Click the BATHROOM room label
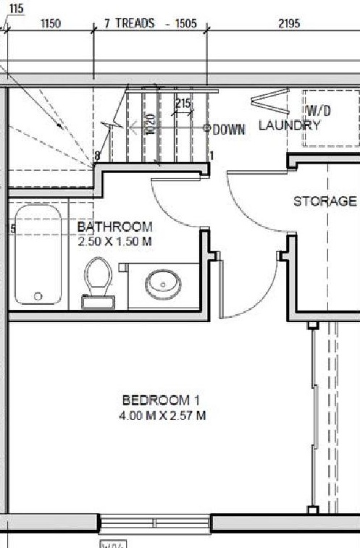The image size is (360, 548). [115, 227]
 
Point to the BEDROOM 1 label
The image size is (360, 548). [161, 400]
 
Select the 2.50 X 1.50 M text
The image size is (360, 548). [114, 240]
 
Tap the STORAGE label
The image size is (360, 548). [325, 201]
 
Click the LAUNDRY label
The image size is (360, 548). [289, 125]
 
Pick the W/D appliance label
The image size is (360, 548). [319, 111]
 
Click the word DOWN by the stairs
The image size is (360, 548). [230, 130]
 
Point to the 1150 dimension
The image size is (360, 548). [50, 23]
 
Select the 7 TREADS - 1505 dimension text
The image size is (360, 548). [151, 23]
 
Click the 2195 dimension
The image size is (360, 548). [288, 23]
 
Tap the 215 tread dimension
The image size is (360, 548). [183, 104]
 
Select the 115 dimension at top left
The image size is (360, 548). [16, 9]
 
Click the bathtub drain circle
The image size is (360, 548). [38, 296]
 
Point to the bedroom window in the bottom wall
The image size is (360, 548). [154, 523]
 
